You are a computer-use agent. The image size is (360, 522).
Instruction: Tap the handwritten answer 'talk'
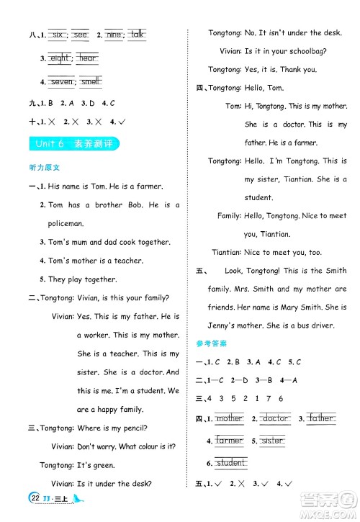[138, 34]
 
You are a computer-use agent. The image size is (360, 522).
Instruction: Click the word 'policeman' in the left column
[66, 223]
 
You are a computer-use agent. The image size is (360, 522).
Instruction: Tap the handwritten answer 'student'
[231, 463]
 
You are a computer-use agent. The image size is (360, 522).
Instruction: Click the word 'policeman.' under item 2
[66, 223]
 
